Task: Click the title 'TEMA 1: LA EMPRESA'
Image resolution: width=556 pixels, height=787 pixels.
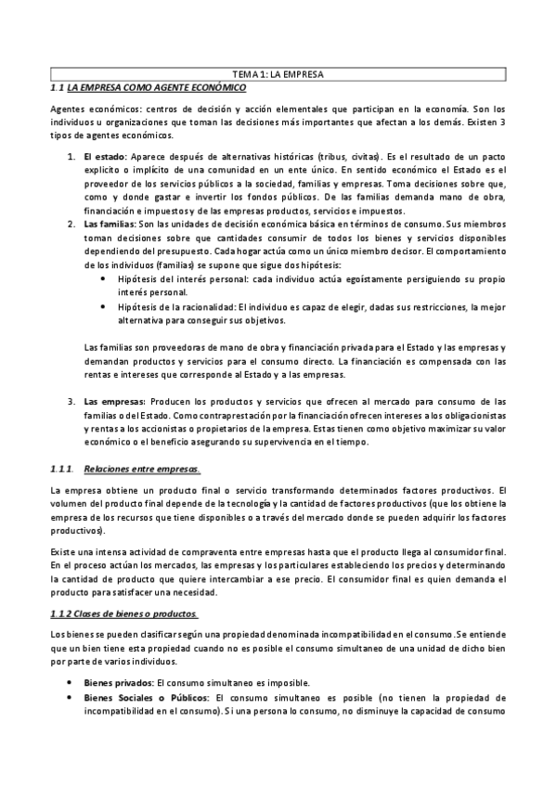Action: click(x=278, y=74)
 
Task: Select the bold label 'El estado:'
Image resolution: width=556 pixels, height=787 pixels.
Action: click(x=104, y=157)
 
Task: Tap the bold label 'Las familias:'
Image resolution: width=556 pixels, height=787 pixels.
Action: click(x=110, y=226)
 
